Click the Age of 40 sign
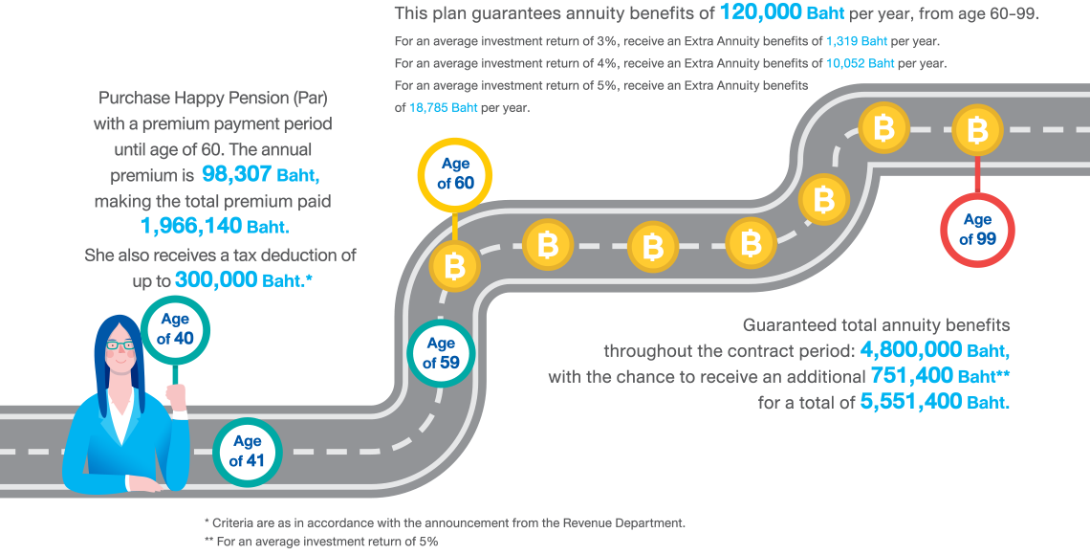(x=174, y=328)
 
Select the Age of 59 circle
(x=441, y=353)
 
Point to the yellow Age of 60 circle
(x=456, y=173)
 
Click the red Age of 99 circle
(x=977, y=230)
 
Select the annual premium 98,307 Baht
(x=261, y=175)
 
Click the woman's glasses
(x=120, y=344)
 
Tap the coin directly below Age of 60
(x=455, y=265)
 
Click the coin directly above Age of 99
(x=977, y=130)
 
